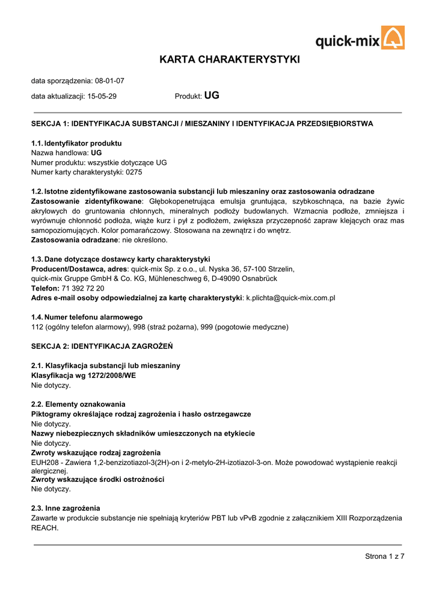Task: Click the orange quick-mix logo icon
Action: click(x=393, y=37)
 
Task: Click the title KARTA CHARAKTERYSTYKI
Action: click(x=229, y=60)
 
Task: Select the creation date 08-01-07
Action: click(x=109, y=81)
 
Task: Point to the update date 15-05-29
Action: click(x=102, y=96)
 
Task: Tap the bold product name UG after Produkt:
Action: click(x=212, y=95)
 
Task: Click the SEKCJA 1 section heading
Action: click(x=202, y=124)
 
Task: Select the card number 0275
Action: click(x=134, y=172)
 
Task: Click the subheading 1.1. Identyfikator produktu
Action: click(x=76, y=143)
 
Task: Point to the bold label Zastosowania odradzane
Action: click(x=74, y=240)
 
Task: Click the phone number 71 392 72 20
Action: click(x=83, y=289)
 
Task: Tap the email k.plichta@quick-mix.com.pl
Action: click(x=290, y=298)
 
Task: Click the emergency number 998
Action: click(x=139, y=327)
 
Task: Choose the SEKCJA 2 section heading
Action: click(x=102, y=346)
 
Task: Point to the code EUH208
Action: click(x=45, y=462)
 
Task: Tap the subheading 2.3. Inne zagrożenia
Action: click(x=66, y=508)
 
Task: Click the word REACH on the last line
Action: click(x=45, y=528)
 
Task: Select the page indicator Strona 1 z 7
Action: click(x=385, y=556)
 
